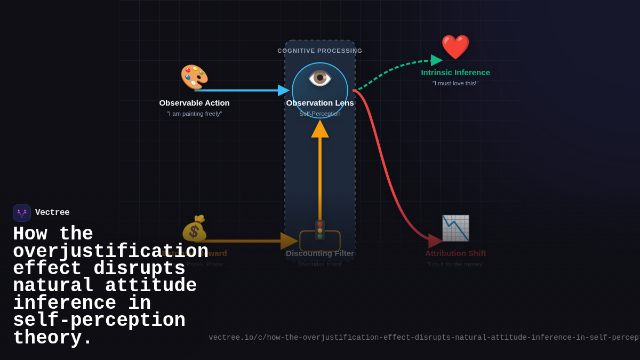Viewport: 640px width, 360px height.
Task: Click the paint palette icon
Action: (194, 77)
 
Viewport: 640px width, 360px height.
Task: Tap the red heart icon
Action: (455, 47)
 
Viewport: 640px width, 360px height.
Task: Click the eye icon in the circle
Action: (320, 78)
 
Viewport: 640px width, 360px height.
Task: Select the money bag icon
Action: (194, 228)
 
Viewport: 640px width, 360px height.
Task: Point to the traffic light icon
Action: (320, 230)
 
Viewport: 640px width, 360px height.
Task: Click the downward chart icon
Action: (455, 228)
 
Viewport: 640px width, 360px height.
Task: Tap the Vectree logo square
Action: (22, 213)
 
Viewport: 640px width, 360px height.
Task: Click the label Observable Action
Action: (194, 103)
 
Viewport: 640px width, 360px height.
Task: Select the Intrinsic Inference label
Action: (455, 73)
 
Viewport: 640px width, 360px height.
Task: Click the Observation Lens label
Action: (320, 103)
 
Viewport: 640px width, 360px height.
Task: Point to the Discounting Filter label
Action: (320, 253)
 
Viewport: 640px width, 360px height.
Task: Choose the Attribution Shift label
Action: (455, 253)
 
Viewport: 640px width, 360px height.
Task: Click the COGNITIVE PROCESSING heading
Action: (320, 51)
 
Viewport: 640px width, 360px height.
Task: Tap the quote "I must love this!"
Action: (455, 83)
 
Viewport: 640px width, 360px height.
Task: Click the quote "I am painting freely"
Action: (194, 114)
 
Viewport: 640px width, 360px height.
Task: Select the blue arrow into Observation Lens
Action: (240, 90)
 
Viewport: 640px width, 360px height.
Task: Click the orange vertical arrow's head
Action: (320, 129)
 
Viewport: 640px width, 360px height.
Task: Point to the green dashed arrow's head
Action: (436, 60)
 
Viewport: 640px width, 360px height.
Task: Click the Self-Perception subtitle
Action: (320, 114)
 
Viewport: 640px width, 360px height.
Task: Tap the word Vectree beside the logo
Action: (52, 213)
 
